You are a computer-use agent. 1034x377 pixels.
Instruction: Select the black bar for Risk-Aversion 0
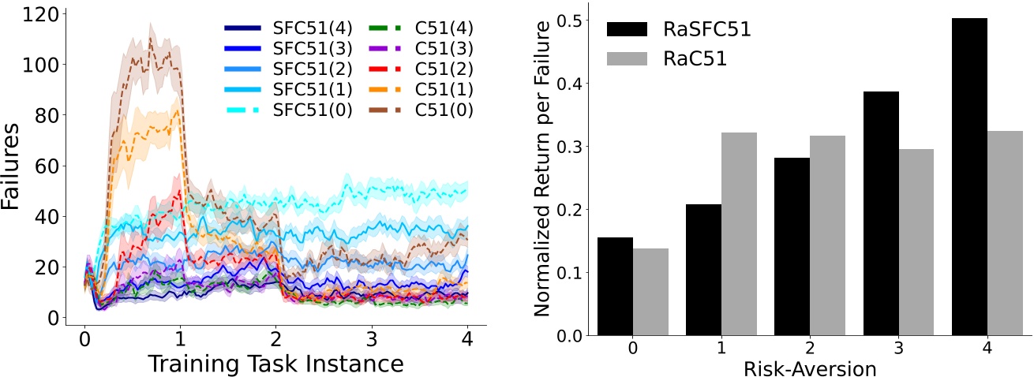click(615, 286)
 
